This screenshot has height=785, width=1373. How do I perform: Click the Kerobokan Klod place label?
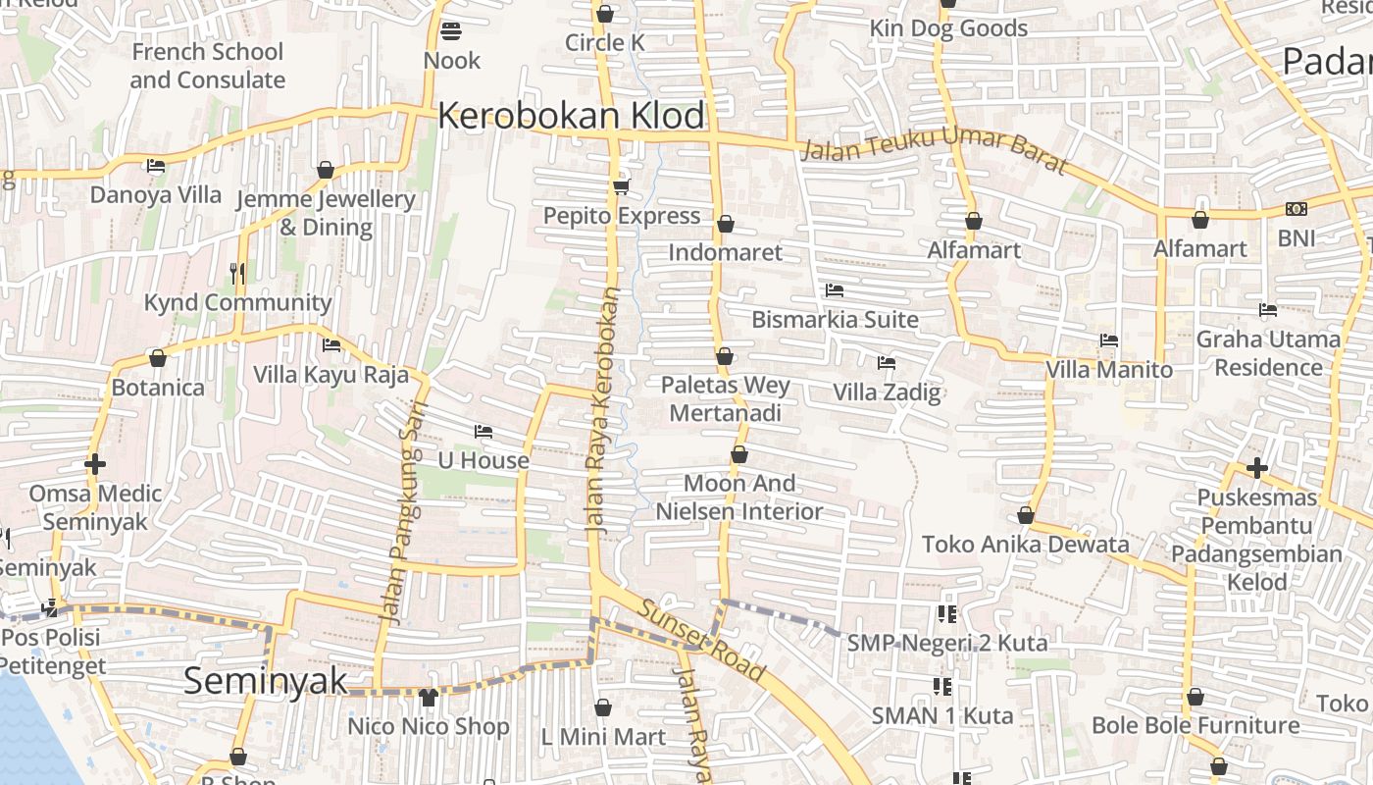571,116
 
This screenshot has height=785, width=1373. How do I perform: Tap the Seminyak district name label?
266,680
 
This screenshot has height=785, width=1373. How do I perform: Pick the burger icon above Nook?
451,31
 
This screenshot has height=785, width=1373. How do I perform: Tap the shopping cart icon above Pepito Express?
620,186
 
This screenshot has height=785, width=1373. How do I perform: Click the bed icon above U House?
483,432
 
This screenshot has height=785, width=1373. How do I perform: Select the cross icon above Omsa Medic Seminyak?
95,463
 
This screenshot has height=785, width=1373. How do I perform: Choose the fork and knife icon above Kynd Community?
237,273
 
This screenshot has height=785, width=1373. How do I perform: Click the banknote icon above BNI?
1296,209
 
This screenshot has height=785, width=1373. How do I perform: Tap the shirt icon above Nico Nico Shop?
428,698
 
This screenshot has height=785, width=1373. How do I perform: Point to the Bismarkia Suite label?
835,320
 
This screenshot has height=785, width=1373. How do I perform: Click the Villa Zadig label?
887,392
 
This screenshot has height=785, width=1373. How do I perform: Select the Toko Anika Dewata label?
1025,544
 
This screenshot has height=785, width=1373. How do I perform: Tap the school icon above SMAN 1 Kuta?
942,687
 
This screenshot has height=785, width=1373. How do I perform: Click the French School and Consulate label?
207,66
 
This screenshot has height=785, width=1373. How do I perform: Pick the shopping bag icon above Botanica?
158,358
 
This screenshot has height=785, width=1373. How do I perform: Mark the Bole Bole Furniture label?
1195,725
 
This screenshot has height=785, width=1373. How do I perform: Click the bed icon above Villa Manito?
1109,340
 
